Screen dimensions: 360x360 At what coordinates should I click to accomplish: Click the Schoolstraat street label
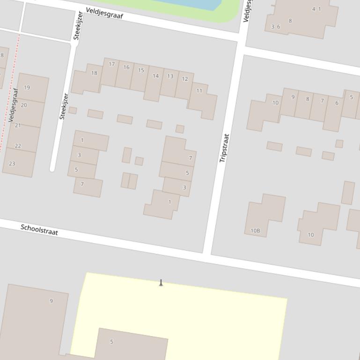coord(39,230)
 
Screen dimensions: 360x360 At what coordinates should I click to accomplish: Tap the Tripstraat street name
coord(224,148)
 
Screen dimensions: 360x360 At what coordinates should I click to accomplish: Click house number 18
coord(94,73)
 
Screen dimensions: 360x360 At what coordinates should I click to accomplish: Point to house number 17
coord(111,64)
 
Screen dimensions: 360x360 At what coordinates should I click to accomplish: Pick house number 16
coord(126,67)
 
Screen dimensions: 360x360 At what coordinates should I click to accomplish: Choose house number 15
coord(141,71)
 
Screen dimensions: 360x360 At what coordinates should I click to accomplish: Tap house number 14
coord(155,76)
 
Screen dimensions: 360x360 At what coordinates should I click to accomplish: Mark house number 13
coord(170,76)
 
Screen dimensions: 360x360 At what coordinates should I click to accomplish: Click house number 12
coord(184,79)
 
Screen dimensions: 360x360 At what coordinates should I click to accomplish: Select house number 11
coord(199,91)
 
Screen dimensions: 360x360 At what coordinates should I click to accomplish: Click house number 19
coord(27,87)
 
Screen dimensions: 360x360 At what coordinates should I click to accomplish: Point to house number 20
coord(23,105)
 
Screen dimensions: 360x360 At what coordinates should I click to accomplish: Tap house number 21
coord(18,125)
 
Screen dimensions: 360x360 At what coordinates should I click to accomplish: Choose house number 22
coord(18,146)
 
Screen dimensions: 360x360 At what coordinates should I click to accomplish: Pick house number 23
coord(12,164)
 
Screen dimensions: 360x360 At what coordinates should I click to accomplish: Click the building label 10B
coord(255,230)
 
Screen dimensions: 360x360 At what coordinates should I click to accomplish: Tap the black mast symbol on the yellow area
coord(161,283)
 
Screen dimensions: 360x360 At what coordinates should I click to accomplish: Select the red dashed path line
coord(10,94)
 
